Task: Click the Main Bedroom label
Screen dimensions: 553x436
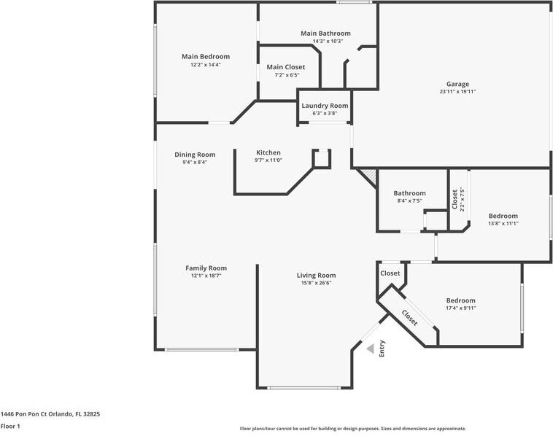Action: point(206,56)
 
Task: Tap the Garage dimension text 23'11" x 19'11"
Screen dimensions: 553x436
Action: point(457,92)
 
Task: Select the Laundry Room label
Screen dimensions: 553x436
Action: point(325,106)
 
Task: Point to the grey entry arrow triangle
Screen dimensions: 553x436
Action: point(370,349)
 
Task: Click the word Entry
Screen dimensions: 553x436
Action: point(382,349)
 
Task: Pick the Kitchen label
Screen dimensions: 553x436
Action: point(268,152)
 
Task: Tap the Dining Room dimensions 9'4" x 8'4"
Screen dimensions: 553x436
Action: point(195,162)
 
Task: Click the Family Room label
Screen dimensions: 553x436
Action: point(206,268)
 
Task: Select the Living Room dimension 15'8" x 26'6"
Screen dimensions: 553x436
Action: point(316,283)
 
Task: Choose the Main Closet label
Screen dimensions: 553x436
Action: point(286,67)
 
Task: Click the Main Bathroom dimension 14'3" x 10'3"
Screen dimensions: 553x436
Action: point(328,41)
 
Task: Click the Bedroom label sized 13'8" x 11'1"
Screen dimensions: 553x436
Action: point(503,216)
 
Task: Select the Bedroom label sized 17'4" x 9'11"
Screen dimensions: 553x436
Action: point(461,300)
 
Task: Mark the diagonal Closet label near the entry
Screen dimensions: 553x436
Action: point(409,318)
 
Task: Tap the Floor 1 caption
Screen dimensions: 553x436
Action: point(10,426)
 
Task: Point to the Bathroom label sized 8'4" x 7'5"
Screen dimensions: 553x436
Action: point(409,193)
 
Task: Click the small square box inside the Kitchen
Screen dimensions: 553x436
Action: point(322,158)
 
